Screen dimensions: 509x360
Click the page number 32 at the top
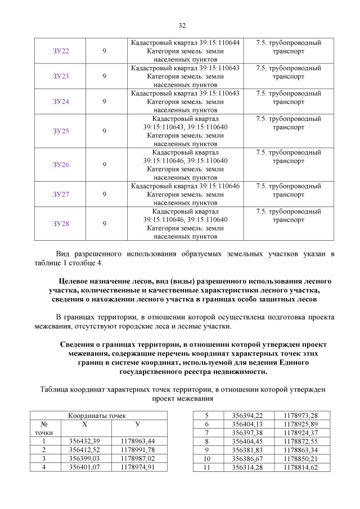[182, 25]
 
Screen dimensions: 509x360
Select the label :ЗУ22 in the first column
[60, 51]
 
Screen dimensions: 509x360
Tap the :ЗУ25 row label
[60, 131]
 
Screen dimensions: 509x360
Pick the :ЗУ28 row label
[60, 223]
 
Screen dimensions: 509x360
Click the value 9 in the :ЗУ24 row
[105, 102]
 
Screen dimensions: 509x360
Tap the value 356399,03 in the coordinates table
[83, 459]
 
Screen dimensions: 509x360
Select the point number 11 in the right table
[206, 467]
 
